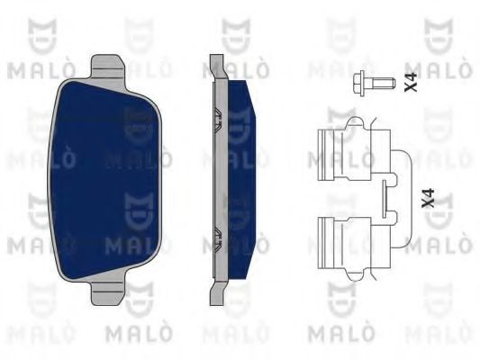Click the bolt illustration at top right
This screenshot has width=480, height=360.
coord(374,82)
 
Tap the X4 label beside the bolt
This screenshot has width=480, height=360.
coord(412,82)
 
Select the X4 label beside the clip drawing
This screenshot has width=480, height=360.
coord(429,199)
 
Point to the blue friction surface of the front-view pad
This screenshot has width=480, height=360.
coord(105,180)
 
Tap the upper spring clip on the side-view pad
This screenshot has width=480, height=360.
coord(217,120)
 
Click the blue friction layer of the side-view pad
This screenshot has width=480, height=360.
coord(241,180)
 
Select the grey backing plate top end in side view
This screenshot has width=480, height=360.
coord(217,67)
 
